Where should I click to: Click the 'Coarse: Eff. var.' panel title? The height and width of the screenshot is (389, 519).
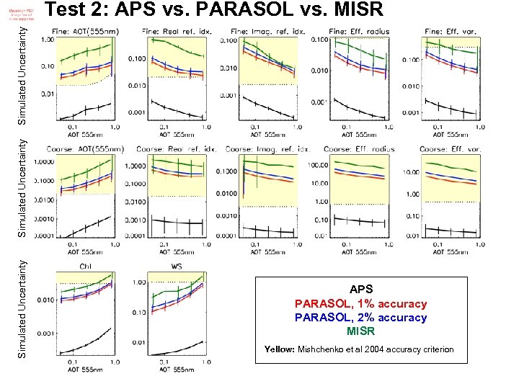click(x=450, y=149)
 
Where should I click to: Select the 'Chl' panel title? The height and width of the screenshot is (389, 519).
click(x=85, y=267)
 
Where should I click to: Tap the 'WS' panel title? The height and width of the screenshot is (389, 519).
click(x=177, y=267)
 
